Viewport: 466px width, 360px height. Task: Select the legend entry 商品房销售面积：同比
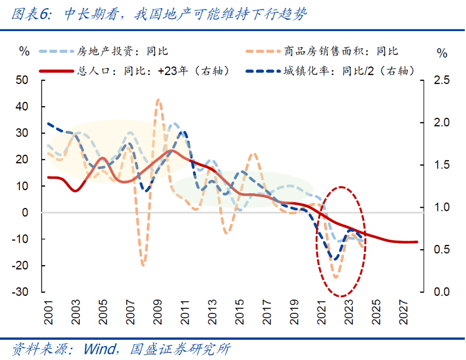click(341, 52)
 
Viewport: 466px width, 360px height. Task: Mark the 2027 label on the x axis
click(403, 311)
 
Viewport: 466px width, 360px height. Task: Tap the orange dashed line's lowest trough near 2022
click(336, 277)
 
